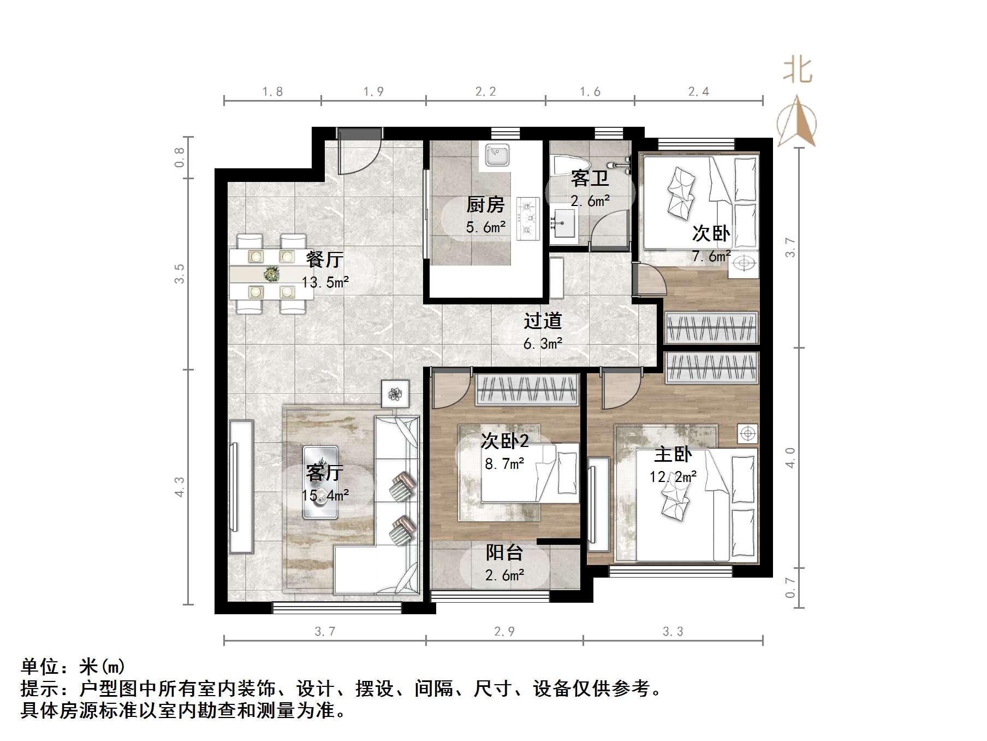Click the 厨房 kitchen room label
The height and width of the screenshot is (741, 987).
pos(485,205)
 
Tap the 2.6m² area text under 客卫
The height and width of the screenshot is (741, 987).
pos(590,201)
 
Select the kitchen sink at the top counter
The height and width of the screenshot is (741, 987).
pos(497,155)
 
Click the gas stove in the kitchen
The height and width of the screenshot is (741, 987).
pos(527,219)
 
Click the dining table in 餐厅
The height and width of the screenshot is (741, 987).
pos(271,274)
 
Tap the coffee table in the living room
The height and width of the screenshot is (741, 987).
pos(320,483)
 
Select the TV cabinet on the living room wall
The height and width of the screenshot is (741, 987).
pos(241,486)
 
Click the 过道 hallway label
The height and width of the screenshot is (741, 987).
pos(543,321)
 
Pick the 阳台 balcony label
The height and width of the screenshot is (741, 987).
pos(504,552)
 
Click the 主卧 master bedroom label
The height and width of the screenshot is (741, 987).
pos(673,454)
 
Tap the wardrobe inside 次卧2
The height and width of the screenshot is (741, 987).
pos(527,390)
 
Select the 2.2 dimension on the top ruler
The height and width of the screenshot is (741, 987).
pos(485,92)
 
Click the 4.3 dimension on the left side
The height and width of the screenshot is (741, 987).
pos(180,487)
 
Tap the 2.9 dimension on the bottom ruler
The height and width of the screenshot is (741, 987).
pos(504,632)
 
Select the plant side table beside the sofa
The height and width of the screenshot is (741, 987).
pos(395,393)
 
